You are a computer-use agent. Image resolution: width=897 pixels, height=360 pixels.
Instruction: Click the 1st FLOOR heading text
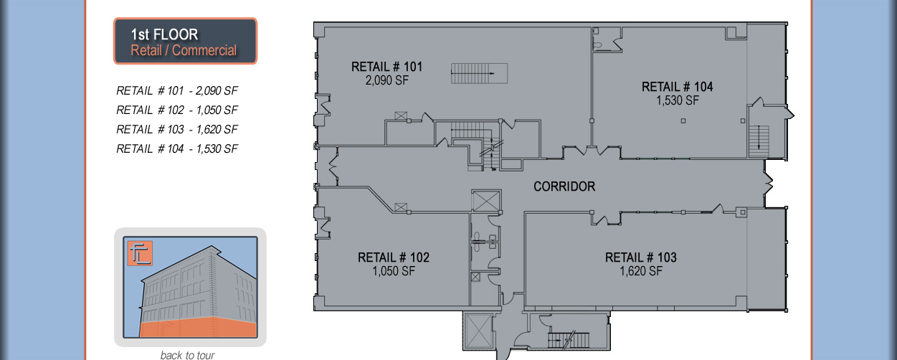point(164,34)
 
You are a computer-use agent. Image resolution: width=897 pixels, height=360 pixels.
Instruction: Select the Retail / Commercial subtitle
point(184,51)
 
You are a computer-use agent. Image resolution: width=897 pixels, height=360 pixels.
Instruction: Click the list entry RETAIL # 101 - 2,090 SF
point(177,91)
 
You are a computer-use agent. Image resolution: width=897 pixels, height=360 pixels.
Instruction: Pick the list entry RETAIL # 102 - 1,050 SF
point(177,110)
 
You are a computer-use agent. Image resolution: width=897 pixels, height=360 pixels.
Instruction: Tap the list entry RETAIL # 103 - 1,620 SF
point(177,130)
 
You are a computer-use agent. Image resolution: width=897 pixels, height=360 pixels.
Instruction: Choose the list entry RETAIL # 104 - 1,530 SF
point(177,149)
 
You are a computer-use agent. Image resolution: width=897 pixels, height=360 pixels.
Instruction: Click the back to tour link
point(187,355)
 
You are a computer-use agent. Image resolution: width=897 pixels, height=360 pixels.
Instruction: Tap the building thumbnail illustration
point(190,287)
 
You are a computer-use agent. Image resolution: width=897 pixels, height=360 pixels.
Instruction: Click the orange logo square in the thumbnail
point(136,254)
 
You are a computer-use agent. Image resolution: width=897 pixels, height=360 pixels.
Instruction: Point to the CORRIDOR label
point(564,186)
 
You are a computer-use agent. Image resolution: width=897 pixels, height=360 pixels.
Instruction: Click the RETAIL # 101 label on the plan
point(386,67)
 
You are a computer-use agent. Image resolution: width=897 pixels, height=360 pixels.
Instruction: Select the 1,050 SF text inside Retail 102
point(394,271)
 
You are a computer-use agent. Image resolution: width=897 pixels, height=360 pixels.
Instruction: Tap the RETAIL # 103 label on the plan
point(641,257)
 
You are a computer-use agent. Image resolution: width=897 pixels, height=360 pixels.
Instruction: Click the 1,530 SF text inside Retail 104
point(678,100)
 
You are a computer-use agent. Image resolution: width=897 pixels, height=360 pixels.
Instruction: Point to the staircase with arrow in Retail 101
point(478,73)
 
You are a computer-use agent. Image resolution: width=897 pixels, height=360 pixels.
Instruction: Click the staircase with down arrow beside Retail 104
point(758,141)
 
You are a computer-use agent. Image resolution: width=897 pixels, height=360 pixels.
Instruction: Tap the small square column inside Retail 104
point(683,121)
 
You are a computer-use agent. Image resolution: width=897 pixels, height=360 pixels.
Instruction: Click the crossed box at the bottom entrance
point(477,331)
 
